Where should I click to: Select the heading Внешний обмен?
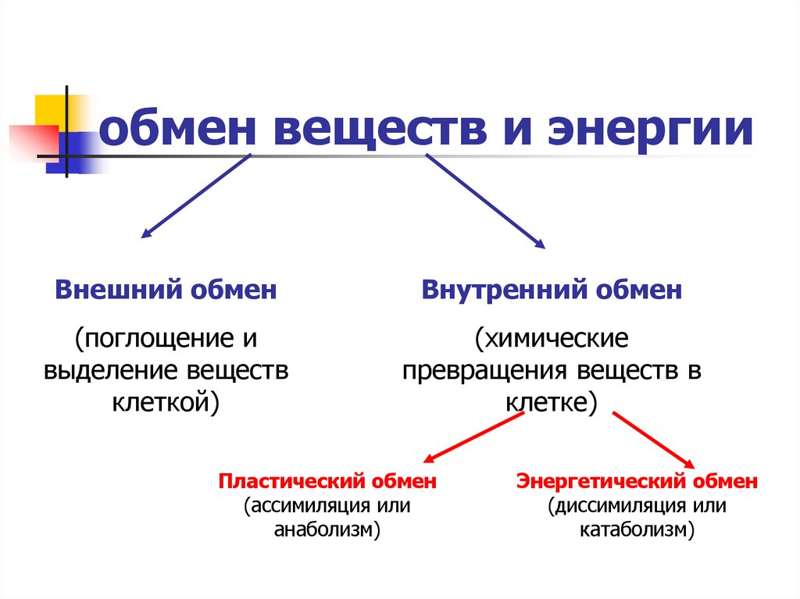[166, 291]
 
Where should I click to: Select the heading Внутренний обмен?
[552, 291]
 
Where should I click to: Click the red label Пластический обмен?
[327, 481]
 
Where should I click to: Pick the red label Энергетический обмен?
[637, 481]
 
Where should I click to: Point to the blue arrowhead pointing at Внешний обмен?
[145, 233]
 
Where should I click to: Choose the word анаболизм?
[325, 530]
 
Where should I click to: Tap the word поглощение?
[154, 340]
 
